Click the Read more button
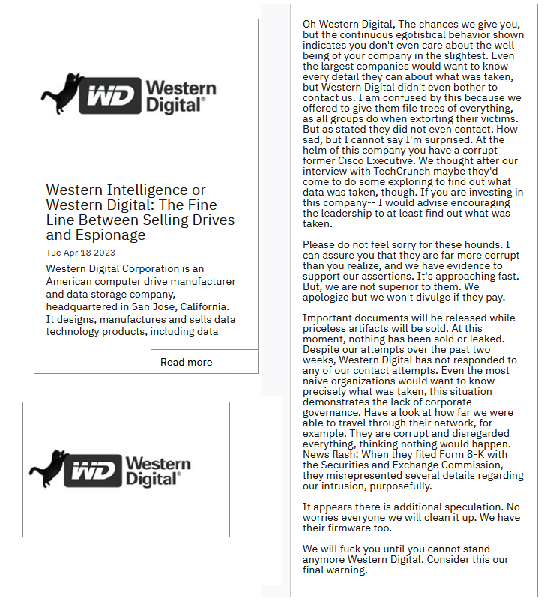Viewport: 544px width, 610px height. tap(187, 362)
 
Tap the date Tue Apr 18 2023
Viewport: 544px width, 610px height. tap(80, 253)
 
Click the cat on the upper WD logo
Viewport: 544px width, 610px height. tap(62, 93)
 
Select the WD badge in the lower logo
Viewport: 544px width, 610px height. tap(93, 471)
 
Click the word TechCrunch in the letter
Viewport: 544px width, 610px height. tap(395, 172)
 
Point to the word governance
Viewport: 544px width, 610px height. tap(331, 402)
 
